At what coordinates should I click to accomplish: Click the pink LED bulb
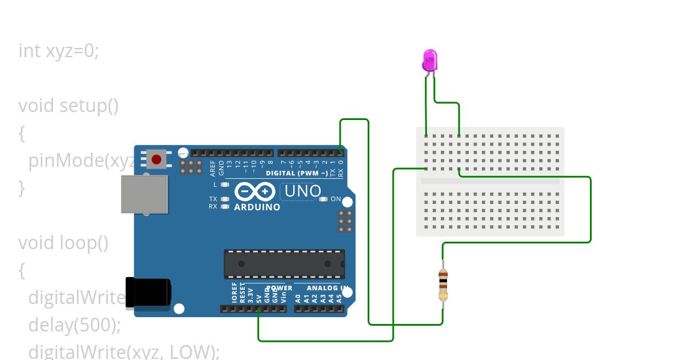point(430,59)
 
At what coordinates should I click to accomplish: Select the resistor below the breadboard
point(443,285)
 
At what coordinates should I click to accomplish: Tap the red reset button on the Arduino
point(156,158)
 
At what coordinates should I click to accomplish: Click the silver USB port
point(145,194)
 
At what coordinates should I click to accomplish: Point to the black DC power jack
point(147,291)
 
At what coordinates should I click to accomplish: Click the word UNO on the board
point(303,191)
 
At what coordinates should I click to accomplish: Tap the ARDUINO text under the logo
point(257,207)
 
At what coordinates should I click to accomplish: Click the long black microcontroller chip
point(284,264)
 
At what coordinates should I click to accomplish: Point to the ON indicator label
point(336,199)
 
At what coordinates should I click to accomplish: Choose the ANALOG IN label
point(324,288)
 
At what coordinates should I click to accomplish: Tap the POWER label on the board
point(280,288)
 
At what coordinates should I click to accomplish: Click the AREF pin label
point(213,167)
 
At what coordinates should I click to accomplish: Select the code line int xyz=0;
point(59,51)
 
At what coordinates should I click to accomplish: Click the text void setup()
point(69,106)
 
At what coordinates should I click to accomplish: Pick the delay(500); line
point(75,325)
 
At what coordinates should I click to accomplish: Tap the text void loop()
point(63,243)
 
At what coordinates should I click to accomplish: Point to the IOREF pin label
point(234,293)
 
